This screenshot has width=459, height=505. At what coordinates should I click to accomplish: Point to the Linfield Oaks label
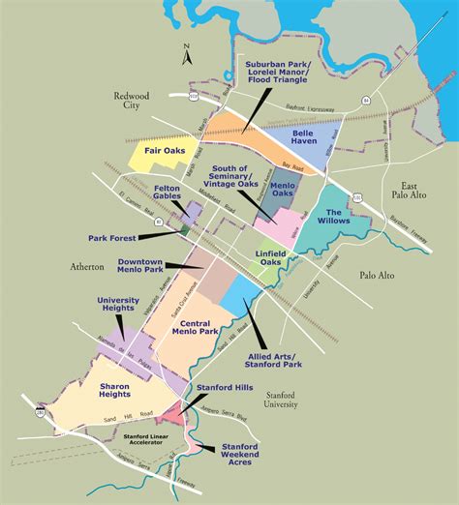click(270, 259)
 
